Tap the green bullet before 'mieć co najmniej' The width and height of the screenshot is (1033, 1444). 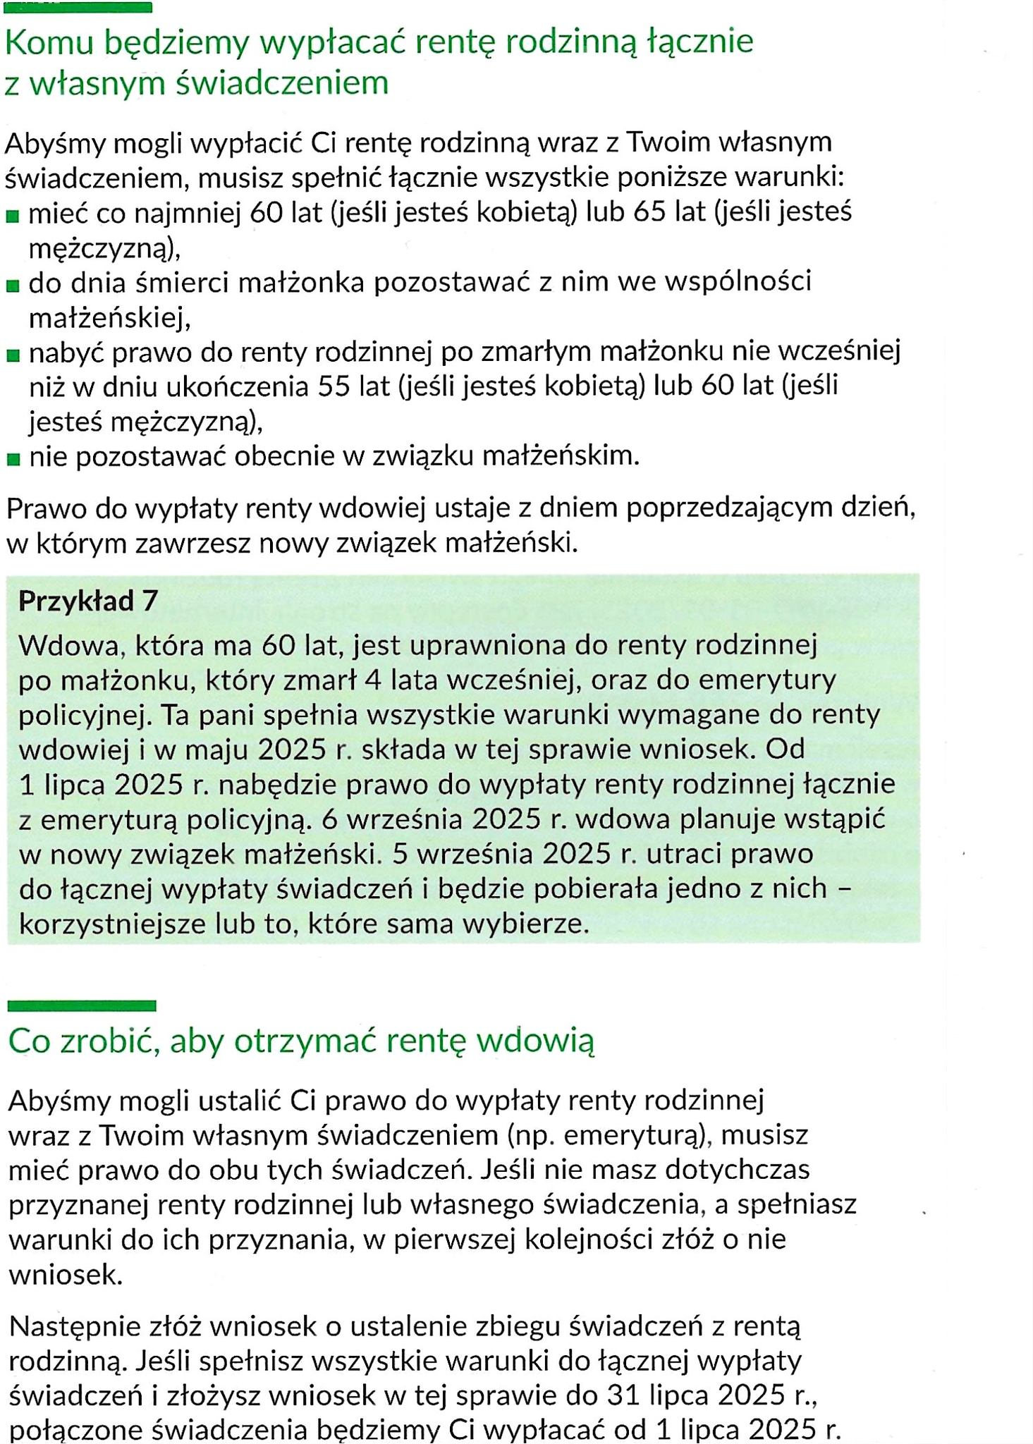13,216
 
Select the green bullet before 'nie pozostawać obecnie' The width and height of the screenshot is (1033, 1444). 13,460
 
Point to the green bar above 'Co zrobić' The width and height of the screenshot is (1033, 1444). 82,1005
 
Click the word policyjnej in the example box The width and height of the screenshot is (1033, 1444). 82,715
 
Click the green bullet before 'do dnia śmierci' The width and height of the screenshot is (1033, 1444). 13,286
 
